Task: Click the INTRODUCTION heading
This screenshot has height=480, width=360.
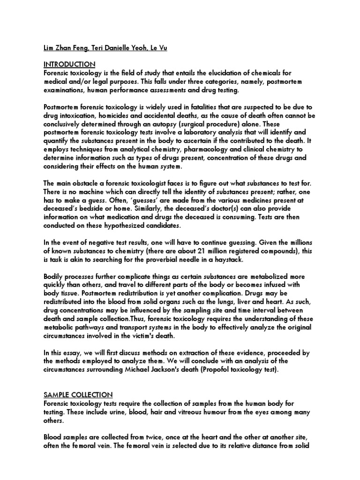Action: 69,64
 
